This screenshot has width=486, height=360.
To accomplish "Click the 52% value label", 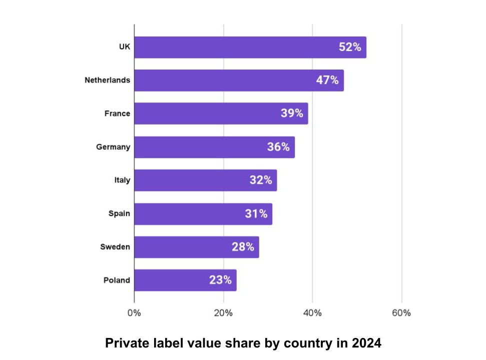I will [x=349, y=47].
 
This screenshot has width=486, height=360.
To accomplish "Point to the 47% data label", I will [x=327, y=80].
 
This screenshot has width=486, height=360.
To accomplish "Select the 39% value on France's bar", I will [x=292, y=113].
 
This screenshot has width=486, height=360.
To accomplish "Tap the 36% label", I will [x=278, y=147].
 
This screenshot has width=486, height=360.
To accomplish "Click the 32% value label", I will [x=261, y=180].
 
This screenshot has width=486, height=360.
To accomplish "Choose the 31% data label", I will [x=256, y=213].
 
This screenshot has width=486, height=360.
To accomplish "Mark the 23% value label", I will [x=220, y=280].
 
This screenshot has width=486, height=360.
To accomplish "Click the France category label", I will [x=117, y=113].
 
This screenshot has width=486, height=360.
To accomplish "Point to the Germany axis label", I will [x=113, y=147].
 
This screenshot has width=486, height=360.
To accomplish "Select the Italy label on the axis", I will [x=122, y=180].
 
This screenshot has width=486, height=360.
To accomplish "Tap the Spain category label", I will [x=119, y=213].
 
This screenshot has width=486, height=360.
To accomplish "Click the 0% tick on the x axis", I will [x=134, y=313].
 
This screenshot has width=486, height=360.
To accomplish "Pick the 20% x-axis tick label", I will [x=223, y=313].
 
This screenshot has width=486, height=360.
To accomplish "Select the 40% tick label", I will [x=312, y=313].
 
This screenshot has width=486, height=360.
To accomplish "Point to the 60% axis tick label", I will [x=401, y=313].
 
